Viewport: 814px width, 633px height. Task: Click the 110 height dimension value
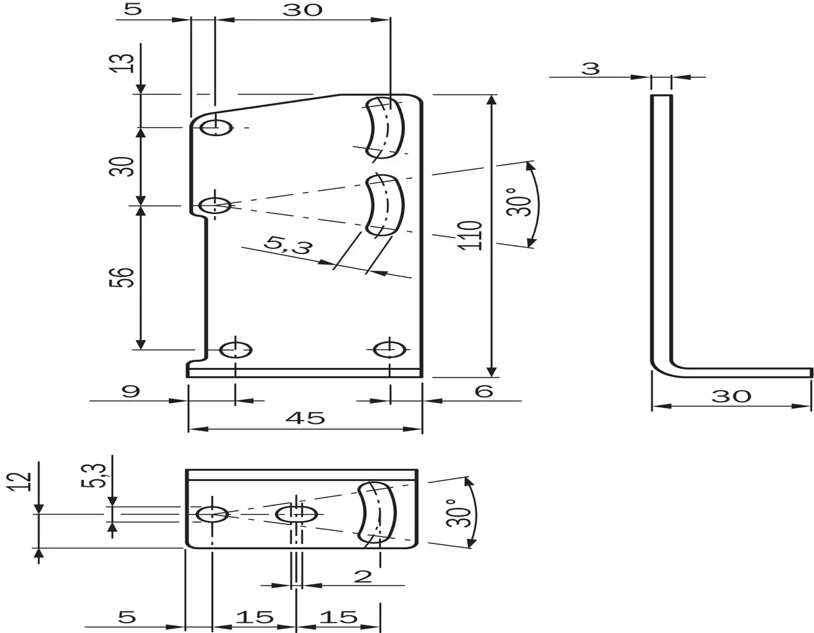(x=473, y=235)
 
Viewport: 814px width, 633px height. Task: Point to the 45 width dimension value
(x=306, y=418)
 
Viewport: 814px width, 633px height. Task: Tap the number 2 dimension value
(x=362, y=576)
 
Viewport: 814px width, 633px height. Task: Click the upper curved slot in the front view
(x=385, y=127)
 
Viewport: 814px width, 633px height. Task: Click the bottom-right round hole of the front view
(x=390, y=350)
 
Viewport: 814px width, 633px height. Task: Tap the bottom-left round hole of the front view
(x=235, y=350)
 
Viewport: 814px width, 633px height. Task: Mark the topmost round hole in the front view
(x=216, y=128)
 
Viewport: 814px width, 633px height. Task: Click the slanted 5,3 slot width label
(x=288, y=245)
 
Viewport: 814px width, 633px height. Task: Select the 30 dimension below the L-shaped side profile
(x=731, y=396)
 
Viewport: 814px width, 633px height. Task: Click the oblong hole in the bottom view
(x=296, y=514)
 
